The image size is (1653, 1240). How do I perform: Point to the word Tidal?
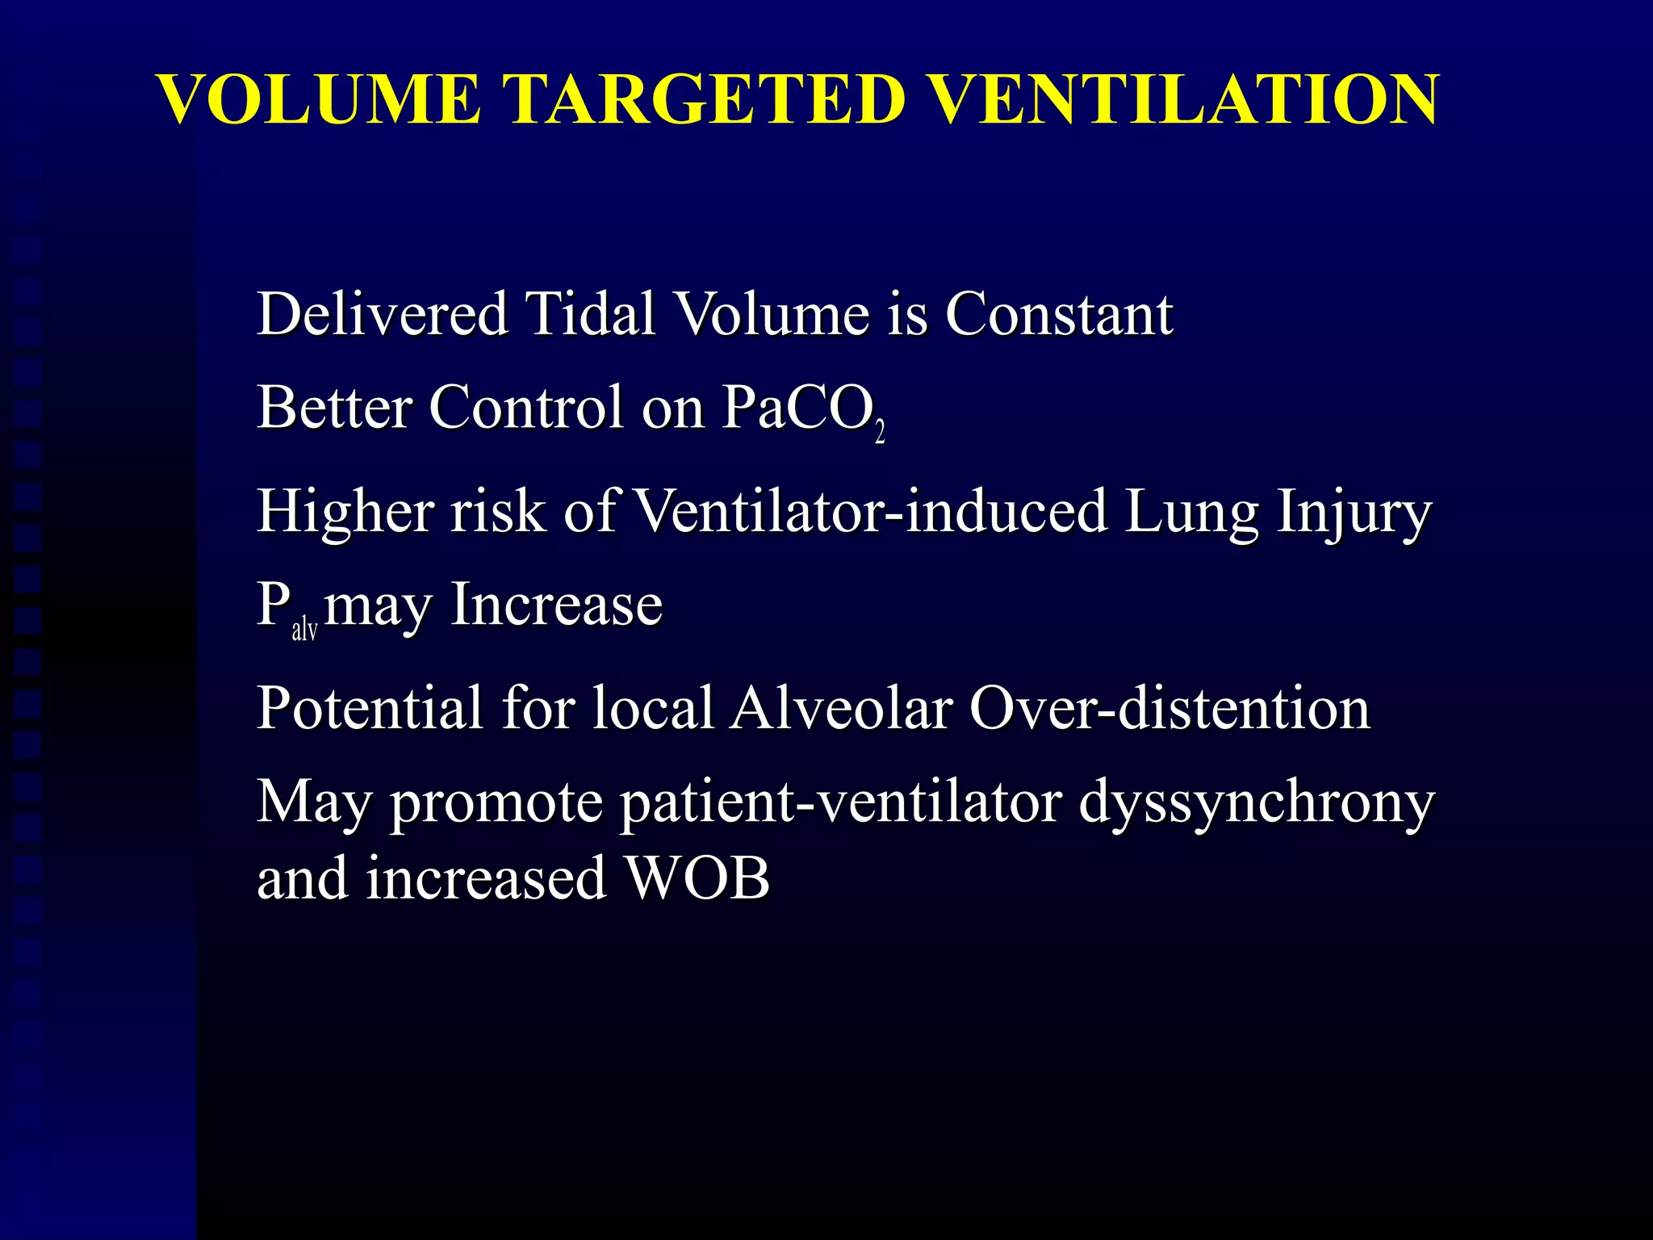point(589,313)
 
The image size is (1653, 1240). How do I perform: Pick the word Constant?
point(1058,313)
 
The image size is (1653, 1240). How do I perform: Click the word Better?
point(335,407)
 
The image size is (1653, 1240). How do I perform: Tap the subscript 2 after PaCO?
point(880,433)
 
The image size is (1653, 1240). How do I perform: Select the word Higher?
point(345,512)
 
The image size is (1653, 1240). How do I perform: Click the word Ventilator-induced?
point(871,512)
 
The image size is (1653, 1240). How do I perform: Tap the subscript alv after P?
point(304,629)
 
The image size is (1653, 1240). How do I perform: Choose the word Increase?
point(556,605)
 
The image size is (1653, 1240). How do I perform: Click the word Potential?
point(370,708)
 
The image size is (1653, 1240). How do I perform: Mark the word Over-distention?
point(1170,708)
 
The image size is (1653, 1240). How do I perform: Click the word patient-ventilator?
point(840,803)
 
